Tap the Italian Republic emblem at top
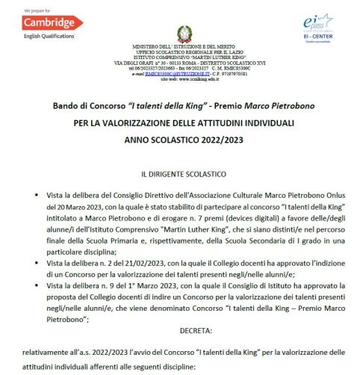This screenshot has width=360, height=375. pyautogui.click(x=183, y=34)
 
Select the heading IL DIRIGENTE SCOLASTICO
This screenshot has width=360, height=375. pyautogui.click(x=183, y=173)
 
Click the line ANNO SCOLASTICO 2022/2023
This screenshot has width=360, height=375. pyautogui.click(x=183, y=140)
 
